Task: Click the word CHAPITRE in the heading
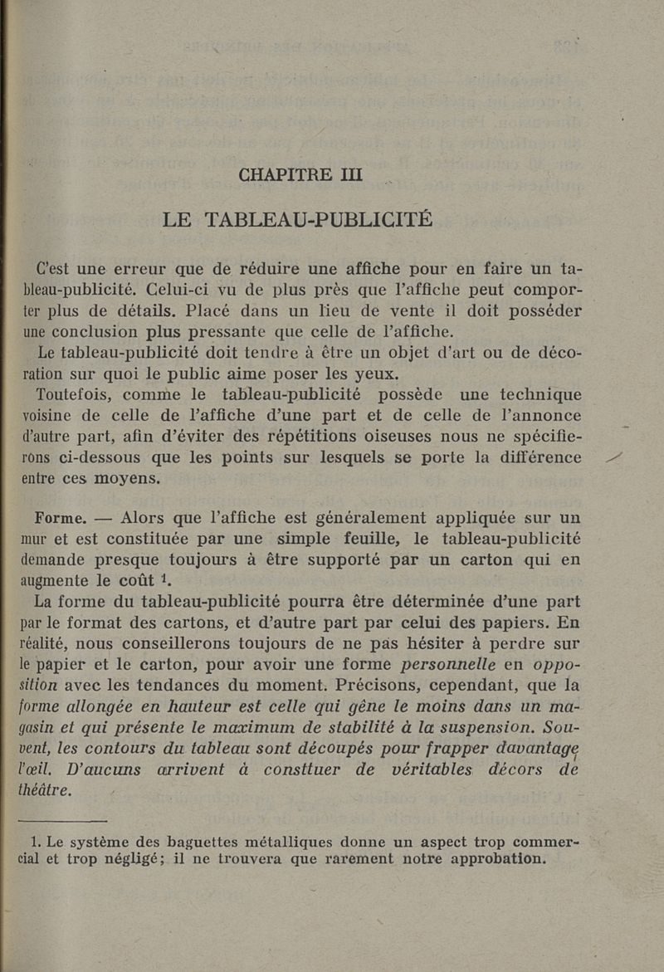[x=283, y=175]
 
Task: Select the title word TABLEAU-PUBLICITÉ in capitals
[x=319, y=220]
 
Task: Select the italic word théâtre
[x=45, y=789]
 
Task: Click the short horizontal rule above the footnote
[x=65, y=820]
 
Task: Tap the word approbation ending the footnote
[x=498, y=859]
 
